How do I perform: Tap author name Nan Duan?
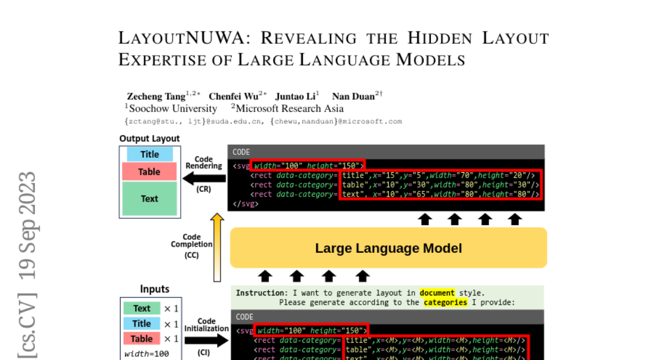tap(353, 96)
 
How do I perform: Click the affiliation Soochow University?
tap(173, 109)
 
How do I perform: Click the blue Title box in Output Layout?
tap(150, 154)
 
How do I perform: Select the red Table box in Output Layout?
tap(149, 172)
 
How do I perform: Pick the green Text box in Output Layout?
tap(149, 198)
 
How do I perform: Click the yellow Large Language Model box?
tap(388, 248)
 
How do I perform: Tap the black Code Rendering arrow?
tap(204, 178)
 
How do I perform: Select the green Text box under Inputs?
tap(142, 308)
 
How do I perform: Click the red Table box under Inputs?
tap(142, 338)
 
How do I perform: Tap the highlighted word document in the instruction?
tap(437, 293)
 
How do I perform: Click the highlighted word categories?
tap(445, 303)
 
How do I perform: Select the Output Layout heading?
tap(150, 139)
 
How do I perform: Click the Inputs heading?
tap(155, 289)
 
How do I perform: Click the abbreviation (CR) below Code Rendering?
tap(204, 189)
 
